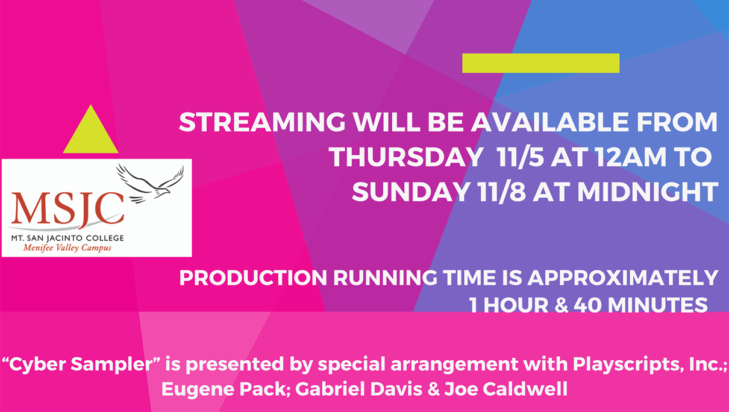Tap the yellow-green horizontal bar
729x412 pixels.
[540, 63]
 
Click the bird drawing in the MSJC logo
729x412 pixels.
[151, 184]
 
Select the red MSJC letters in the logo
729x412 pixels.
[67, 210]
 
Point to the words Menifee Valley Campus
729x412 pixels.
[67, 248]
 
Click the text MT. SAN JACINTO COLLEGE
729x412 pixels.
[67, 238]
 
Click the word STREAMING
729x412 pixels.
[262, 122]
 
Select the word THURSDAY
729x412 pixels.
[406, 157]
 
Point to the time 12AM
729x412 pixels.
[631, 157]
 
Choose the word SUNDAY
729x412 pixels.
[411, 192]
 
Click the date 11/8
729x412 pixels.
[501, 192]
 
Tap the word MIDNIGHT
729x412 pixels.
[648, 192]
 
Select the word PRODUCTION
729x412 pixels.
[253, 278]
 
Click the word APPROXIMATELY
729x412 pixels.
[622, 278]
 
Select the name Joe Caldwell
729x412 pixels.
[506, 389]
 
